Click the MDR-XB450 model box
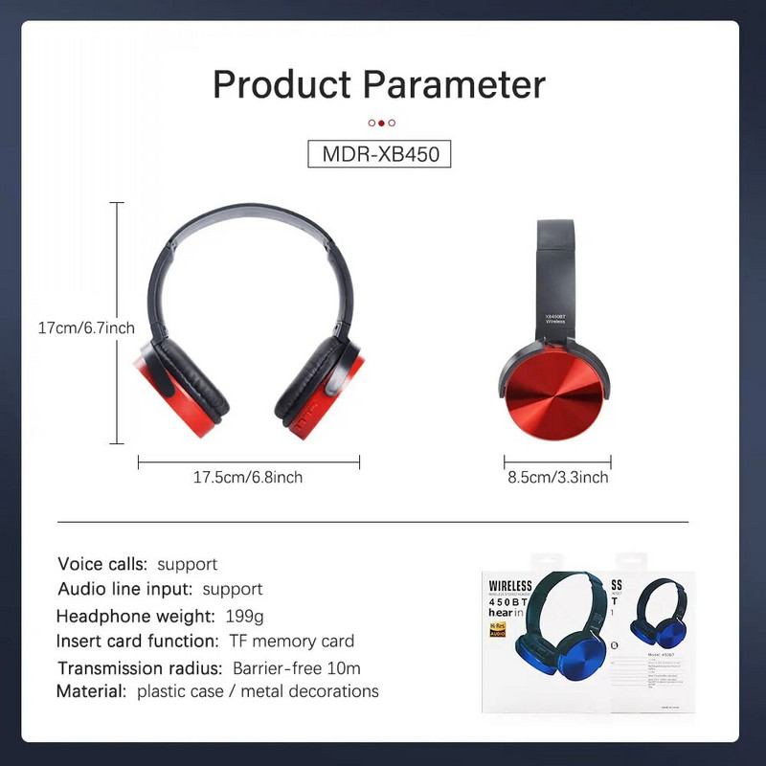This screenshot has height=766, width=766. [x=379, y=154]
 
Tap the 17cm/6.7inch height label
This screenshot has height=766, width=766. [x=85, y=327]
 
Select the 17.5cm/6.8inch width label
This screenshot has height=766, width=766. [x=248, y=477]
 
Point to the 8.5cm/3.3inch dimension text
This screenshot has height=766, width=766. [x=557, y=477]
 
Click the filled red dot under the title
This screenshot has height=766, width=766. [x=381, y=123]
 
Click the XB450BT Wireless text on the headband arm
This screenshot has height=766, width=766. [x=555, y=319]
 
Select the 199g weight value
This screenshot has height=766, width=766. [x=243, y=616]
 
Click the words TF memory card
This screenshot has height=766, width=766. [x=291, y=642]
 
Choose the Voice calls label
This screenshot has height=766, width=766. [x=102, y=564]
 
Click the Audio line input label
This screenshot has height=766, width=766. [x=125, y=589]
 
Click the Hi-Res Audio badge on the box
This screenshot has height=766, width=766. [x=498, y=629]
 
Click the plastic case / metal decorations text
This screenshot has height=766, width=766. [x=258, y=691]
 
